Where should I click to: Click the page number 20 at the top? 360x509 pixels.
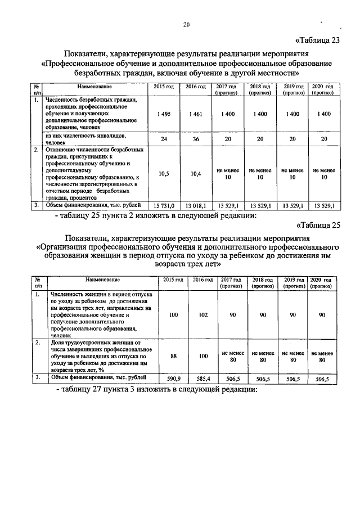pyautogui.click(x=186, y=24)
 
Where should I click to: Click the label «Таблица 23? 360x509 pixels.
pyautogui.click(x=318, y=40)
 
